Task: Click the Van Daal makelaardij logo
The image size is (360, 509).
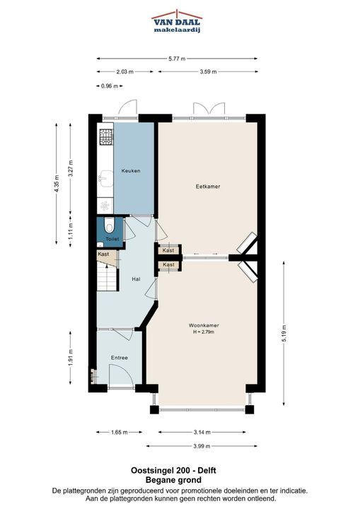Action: coord(177,21)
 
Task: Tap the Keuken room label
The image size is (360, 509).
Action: coord(131,170)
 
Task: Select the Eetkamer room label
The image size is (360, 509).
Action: coord(208,187)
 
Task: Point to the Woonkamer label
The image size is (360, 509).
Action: coord(204,325)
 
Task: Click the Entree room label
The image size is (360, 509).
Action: coord(120,358)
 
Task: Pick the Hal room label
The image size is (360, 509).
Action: coord(136,279)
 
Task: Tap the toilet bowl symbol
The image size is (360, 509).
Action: coord(109,226)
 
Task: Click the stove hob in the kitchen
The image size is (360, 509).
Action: coord(106,136)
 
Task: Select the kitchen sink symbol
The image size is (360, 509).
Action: coord(105,179)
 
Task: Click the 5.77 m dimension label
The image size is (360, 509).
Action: coord(177,59)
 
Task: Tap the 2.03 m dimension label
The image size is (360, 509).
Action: coord(124,71)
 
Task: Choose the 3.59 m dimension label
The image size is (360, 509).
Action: coord(208,71)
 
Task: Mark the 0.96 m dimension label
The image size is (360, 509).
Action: coord(110,86)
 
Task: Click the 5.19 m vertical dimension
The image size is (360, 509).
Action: coord(284,334)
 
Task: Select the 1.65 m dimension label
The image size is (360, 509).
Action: coord(120,432)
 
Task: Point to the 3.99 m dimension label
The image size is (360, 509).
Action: coord(202,446)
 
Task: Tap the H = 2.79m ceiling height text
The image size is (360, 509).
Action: coord(204,332)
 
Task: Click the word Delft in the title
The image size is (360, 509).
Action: coord(207,470)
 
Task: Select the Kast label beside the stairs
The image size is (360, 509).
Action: coord(103,254)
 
